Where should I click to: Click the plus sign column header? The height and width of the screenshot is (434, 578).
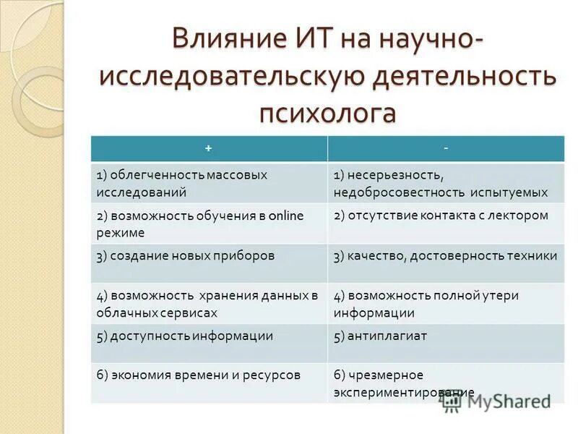coord(208,148)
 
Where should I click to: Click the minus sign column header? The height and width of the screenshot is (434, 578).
coord(446,148)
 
